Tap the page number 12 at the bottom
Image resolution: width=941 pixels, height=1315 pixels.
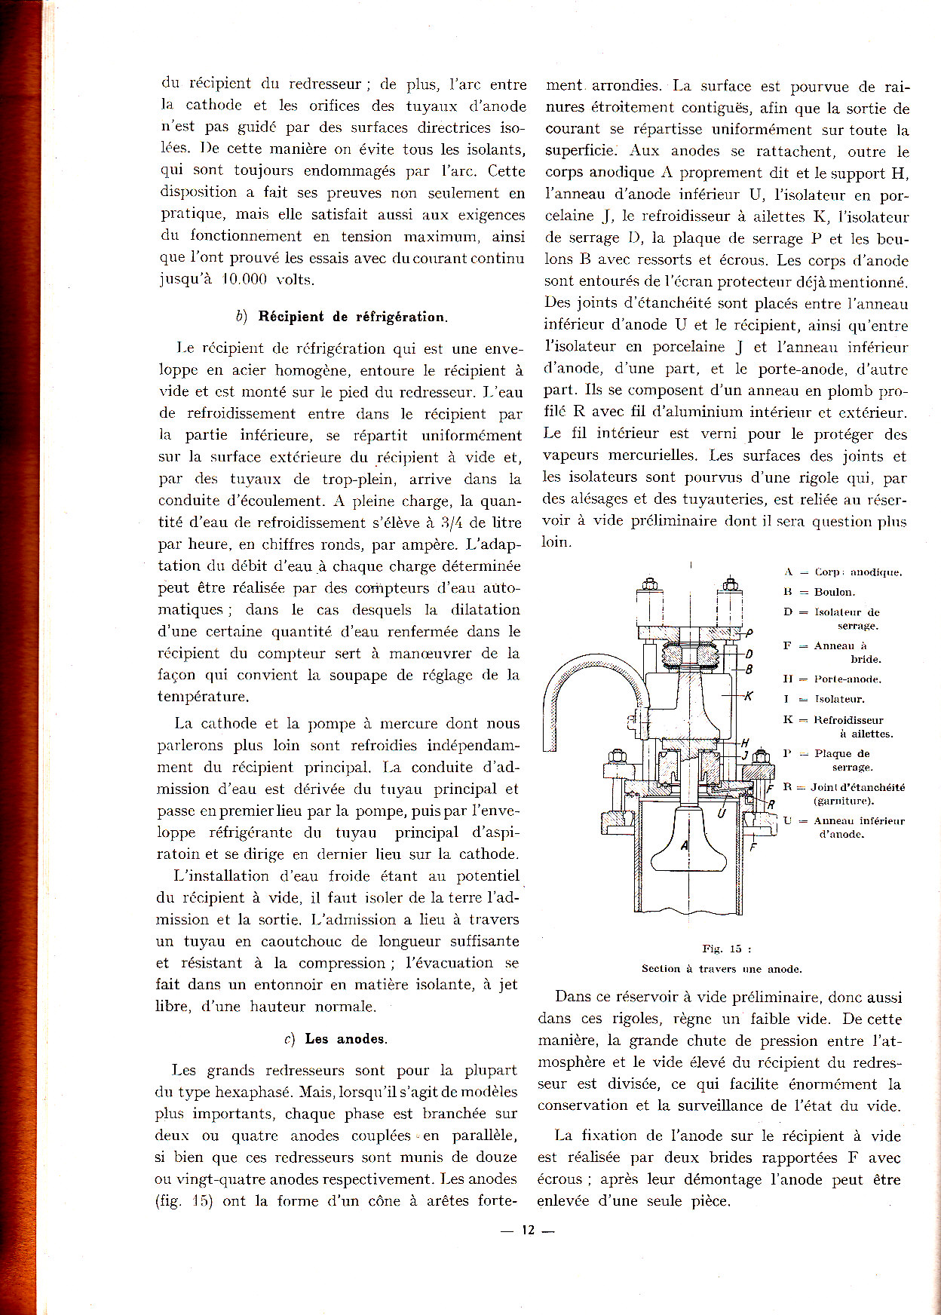[x=528, y=1230]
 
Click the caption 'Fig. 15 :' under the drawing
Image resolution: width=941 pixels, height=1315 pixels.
[x=722, y=949]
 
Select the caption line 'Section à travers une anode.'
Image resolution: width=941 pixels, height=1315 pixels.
[x=722, y=969]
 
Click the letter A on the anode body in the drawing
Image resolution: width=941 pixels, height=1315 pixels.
[x=685, y=845]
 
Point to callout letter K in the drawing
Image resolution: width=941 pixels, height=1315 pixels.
[x=749, y=696]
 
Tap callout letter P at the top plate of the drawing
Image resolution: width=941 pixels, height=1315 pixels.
[x=749, y=633]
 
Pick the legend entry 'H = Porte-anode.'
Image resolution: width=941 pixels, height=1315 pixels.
[x=832, y=679]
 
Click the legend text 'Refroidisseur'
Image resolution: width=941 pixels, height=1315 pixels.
[x=848, y=720]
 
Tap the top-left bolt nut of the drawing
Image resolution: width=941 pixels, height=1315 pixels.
[x=648, y=584]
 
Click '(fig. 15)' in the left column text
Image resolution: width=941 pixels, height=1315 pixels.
[x=184, y=1201]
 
